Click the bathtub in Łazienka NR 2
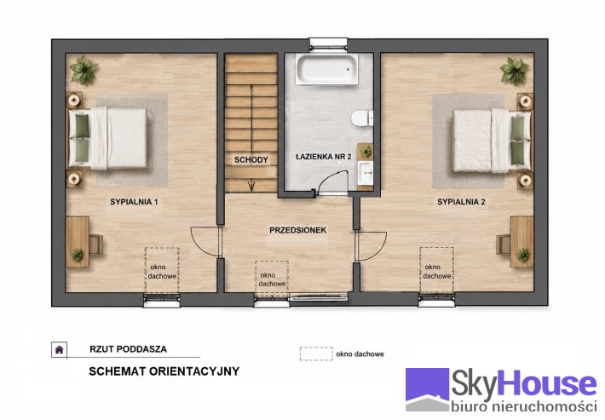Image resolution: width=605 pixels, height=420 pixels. [x=326, y=69]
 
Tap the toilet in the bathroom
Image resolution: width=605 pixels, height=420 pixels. [x=362, y=118]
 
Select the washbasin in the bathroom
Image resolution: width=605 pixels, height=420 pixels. [x=365, y=174]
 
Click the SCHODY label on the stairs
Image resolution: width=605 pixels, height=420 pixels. [x=251, y=159]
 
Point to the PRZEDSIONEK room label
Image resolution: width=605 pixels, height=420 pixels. [x=298, y=230]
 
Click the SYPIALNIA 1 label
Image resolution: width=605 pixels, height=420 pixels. [x=134, y=202]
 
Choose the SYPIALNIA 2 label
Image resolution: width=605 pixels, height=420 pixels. [x=461, y=202]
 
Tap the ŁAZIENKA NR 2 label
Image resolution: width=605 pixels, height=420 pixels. [x=323, y=157]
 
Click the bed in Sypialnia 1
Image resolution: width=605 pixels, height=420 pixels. [x=107, y=139]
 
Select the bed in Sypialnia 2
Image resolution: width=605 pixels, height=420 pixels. [x=492, y=141]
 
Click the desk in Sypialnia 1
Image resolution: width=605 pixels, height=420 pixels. [x=78, y=242]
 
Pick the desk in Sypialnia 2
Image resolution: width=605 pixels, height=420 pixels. [x=521, y=242]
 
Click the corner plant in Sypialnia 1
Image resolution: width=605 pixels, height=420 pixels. [x=84, y=71]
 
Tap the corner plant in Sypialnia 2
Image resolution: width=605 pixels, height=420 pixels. [x=515, y=72]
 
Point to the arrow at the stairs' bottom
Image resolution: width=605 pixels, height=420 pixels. [x=251, y=187]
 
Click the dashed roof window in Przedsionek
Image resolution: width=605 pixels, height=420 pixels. [x=272, y=279]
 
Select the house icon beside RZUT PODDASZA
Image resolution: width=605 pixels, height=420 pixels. [x=59, y=350]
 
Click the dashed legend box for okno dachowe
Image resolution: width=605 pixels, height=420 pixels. [x=316, y=354]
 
